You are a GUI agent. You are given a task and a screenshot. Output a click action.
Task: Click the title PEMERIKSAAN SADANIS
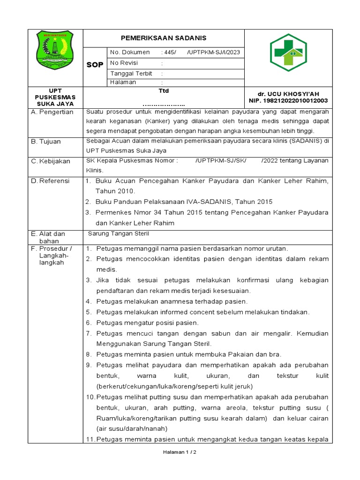click(x=164, y=38)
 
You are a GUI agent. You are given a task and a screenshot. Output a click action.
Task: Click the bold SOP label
click(x=95, y=65)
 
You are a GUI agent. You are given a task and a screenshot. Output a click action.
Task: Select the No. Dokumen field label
click(x=130, y=52)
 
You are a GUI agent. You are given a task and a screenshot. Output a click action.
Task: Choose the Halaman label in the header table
click(x=123, y=82)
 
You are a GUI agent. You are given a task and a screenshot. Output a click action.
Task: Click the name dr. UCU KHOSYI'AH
click(x=288, y=94)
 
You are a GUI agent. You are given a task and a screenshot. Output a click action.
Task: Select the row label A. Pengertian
click(x=52, y=112)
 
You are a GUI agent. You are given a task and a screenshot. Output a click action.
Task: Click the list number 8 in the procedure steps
click(x=90, y=354)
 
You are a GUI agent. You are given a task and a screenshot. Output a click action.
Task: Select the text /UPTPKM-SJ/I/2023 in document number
click(x=213, y=52)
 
